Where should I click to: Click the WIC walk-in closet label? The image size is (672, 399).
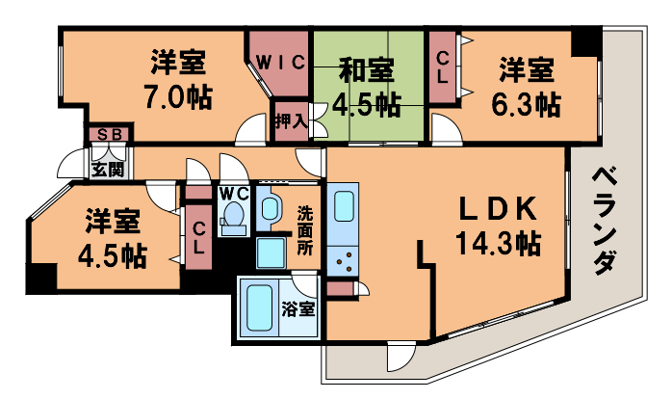(x=279, y=64)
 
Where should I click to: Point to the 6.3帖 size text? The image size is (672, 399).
(x=526, y=101)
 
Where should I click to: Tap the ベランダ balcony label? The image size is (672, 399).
(x=604, y=220)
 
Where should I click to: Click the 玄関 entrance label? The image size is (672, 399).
(x=107, y=171)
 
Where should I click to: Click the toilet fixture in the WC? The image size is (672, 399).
(x=232, y=222)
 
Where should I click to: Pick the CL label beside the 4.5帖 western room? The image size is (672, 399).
(x=198, y=237)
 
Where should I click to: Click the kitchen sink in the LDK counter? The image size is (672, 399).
(x=345, y=205)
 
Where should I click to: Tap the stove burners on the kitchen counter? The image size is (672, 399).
(x=343, y=258)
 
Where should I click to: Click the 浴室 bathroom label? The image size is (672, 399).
(x=297, y=310)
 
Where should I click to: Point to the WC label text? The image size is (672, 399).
(x=233, y=192)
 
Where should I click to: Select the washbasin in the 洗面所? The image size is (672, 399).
(x=269, y=207)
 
